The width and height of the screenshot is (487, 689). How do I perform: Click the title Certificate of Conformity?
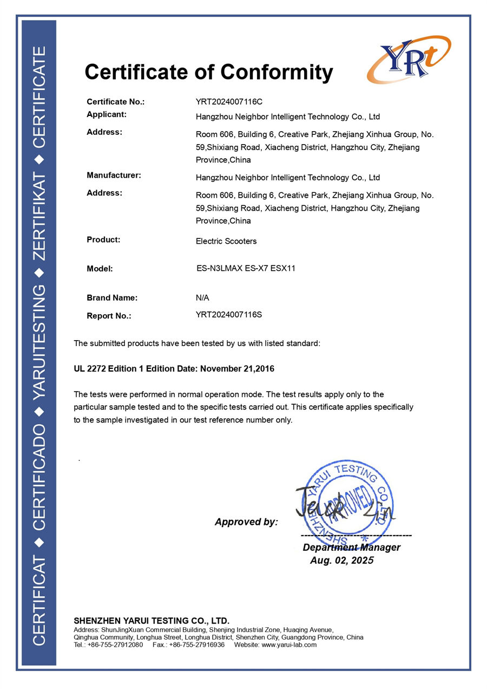[208, 72]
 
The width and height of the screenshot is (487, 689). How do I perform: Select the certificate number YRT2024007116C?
[229, 101]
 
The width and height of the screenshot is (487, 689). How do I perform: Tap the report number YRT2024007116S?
[228, 314]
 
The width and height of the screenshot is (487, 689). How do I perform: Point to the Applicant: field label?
[107, 114]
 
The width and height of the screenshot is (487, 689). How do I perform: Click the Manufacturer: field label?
[114, 175]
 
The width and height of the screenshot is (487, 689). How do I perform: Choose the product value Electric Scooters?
[226, 241]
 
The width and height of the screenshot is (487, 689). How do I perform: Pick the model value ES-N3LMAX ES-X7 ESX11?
[246, 268]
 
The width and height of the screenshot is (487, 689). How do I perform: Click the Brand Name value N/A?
[202, 297]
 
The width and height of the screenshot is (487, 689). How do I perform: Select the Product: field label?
[103, 239]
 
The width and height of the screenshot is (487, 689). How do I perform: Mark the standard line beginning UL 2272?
[174, 369]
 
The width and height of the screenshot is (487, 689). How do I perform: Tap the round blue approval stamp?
[346, 503]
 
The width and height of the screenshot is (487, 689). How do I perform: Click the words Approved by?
[246, 522]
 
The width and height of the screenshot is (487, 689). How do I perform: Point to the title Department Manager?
[351, 548]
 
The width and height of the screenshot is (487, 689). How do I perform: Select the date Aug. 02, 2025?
[341, 561]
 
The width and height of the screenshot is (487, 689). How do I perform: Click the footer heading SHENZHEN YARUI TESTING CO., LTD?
[152, 621]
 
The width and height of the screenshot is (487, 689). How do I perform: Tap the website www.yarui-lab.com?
[289, 645]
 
